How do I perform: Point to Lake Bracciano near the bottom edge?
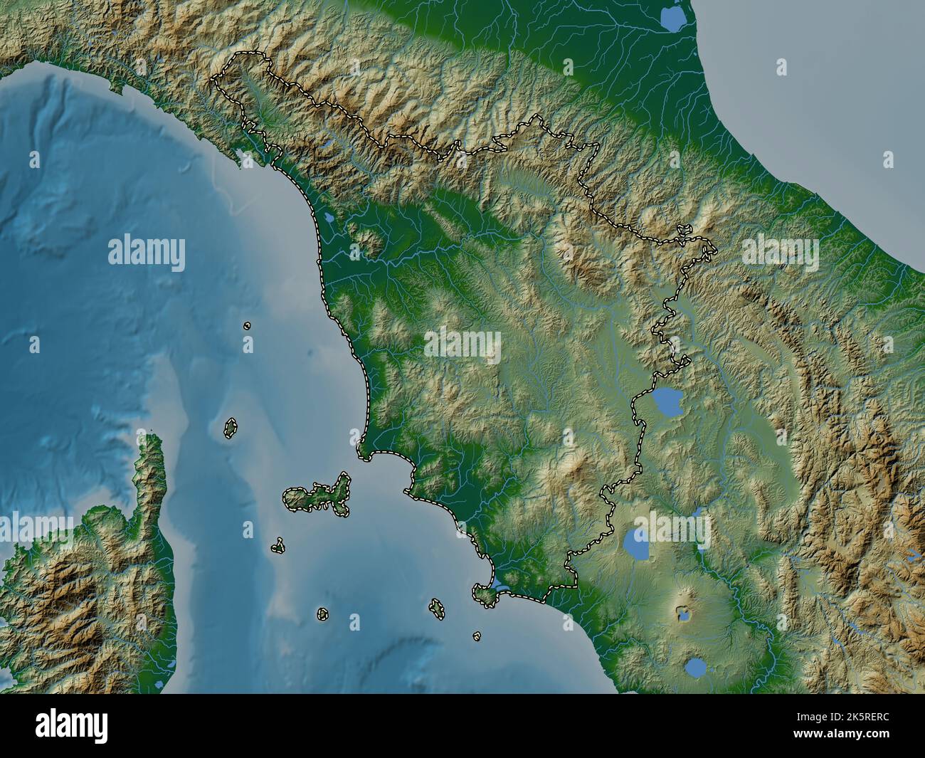(x=697, y=668)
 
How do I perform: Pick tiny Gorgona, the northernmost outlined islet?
(x=247, y=325)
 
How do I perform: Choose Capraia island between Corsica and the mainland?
(x=231, y=428)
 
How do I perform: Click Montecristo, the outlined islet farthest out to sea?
(x=322, y=614)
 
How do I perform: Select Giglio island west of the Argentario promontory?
(x=435, y=607)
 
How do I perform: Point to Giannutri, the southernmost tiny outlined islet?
(x=477, y=636)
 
